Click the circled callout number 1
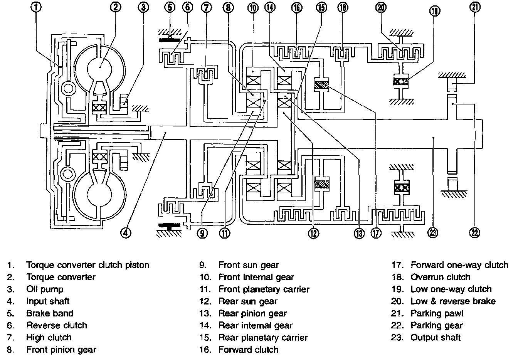point(36,7)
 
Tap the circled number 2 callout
point(116,7)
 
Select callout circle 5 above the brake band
point(170,7)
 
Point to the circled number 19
point(435,11)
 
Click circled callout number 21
point(475,7)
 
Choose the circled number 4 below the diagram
point(126,233)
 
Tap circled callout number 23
point(433,233)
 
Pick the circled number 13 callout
point(359,233)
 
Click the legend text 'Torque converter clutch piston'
point(88,265)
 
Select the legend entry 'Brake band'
point(50,313)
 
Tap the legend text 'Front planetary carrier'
point(264,289)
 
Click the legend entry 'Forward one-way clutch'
point(459,265)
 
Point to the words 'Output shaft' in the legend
point(436,338)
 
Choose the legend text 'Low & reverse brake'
point(453,301)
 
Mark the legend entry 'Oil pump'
point(45,289)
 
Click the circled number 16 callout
point(297,8)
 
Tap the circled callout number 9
point(202,233)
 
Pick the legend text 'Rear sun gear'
point(248,301)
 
